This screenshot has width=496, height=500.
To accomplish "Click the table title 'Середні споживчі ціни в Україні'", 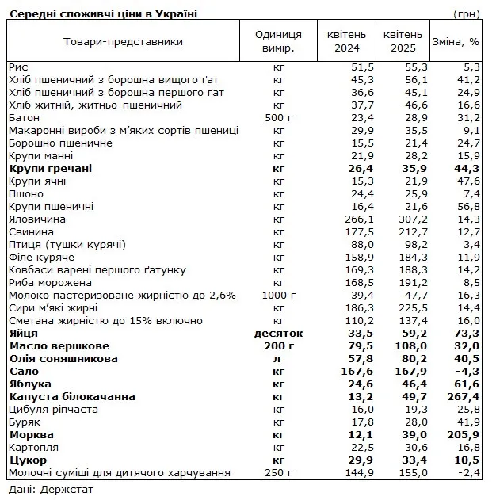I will tap(104, 13).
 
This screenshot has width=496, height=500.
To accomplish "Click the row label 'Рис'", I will tap(18, 67).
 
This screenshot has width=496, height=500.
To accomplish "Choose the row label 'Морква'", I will tap(31, 434).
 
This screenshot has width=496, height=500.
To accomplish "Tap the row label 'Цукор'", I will tap(29, 460).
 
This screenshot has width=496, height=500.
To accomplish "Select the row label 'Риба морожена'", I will tap(50, 282).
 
